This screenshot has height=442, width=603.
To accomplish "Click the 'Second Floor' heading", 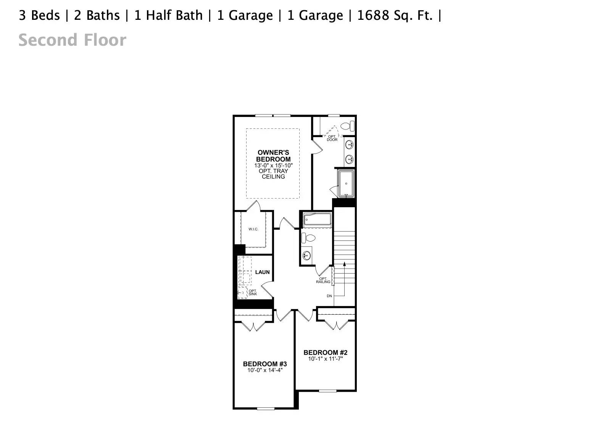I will (x=72, y=40).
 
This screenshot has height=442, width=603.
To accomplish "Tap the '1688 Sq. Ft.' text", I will (x=395, y=15).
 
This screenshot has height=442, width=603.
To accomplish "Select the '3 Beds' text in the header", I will (x=39, y=15).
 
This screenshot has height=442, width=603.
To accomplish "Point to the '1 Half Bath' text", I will (x=168, y=15).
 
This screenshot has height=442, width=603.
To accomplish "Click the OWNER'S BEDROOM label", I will (x=273, y=156).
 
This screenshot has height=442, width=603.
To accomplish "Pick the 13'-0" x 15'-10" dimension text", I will (x=273, y=165).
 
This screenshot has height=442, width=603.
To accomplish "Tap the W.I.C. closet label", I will (x=253, y=229).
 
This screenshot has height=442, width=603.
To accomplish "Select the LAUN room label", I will (x=262, y=272).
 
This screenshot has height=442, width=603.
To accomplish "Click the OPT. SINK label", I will (x=253, y=293).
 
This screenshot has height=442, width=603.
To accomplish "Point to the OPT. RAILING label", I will (x=323, y=280).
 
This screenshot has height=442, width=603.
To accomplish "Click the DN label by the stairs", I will (x=329, y=296).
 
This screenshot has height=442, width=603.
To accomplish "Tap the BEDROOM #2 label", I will (x=326, y=352).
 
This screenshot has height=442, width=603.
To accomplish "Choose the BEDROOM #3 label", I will (x=265, y=364).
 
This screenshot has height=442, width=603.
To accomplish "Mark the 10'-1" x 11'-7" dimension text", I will (x=326, y=359).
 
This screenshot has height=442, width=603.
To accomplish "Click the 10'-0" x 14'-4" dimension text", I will (x=265, y=370).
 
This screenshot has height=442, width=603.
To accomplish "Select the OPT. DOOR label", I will (x=332, y=138).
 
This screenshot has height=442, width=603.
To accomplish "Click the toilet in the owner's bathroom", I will (x=347, y=126).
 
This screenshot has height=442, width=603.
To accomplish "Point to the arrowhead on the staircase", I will (x=344, y=263).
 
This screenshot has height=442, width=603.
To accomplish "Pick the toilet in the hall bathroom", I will (x=309, y=238).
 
